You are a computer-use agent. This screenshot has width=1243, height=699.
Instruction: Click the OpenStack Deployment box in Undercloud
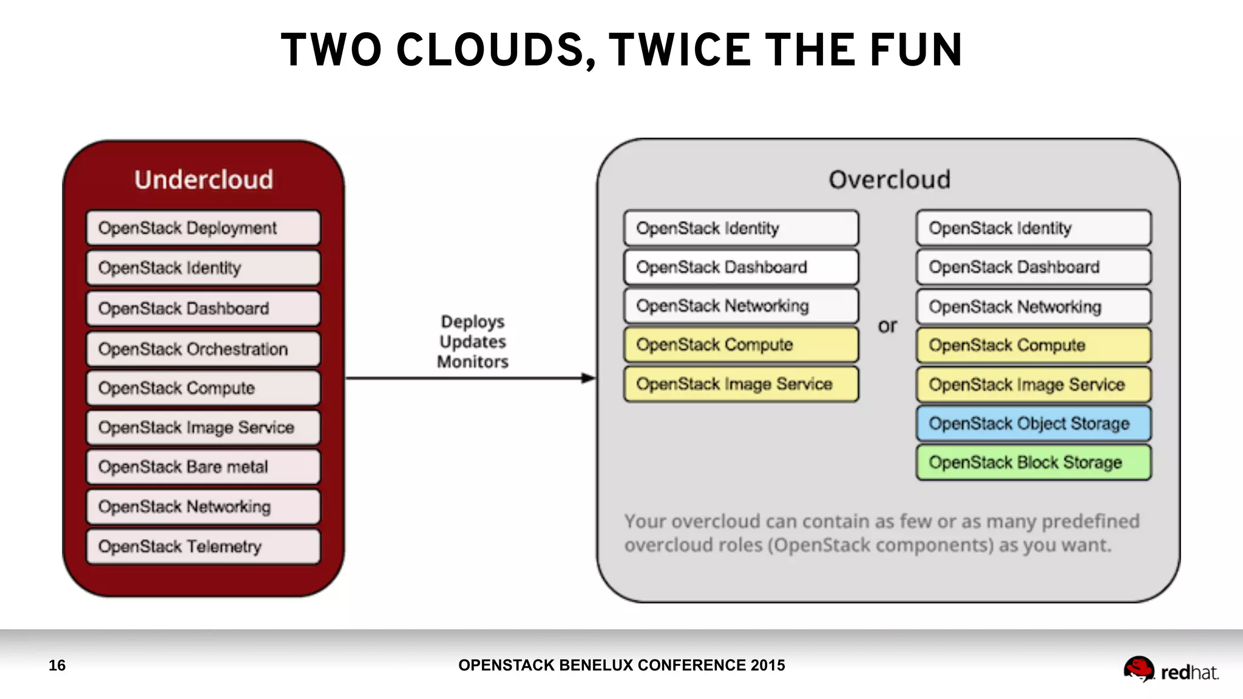tap(203, 228)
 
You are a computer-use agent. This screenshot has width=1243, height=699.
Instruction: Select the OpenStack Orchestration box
tap(203, 349)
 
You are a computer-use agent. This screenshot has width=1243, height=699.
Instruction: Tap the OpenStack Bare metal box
tap(203, 467)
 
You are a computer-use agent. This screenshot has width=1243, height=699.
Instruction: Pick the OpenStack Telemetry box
tap(203, 546)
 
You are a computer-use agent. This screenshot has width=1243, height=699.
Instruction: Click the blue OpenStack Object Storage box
tap(1033, 424)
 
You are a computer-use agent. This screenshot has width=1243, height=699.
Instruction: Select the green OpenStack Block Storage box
tap(1033, 462)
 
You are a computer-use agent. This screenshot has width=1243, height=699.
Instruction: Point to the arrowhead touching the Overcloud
tap(588, 378)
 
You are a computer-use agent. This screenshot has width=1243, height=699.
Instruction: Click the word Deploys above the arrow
tap(472, 322)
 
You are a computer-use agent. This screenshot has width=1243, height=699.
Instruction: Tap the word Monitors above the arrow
tap(472, 362)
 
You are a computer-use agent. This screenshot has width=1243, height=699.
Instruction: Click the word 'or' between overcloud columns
tap(887, 326)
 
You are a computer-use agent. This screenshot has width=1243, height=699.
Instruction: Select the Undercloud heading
tap(203, 180)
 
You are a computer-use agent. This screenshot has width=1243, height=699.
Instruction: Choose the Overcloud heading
tap(889, 180)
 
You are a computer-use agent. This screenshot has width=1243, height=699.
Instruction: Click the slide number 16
tap(57, 665)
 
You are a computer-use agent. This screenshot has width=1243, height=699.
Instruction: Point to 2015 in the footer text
tap(767, 665)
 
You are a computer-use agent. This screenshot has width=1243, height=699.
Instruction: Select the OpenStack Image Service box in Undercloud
tap(203, 427)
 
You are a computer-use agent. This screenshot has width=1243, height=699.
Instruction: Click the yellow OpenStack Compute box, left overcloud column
tap(741, 345)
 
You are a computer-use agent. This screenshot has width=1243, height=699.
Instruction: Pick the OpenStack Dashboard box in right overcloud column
tap(1033, 267)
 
